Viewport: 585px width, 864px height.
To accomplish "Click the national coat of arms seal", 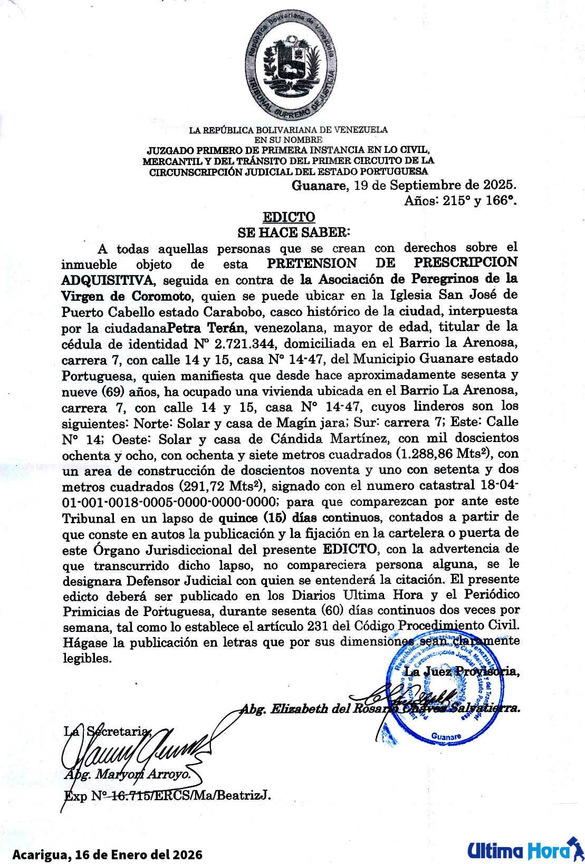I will coord(291,65).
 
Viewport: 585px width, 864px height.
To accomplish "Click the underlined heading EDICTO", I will coord(289,217).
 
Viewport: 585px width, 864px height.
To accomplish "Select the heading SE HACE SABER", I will coord(293,232).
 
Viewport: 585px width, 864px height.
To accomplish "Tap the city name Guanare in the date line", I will coord(319,185).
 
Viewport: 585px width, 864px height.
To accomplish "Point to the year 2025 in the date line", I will coord(498,185).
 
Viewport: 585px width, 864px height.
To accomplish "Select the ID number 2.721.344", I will coord(245,344).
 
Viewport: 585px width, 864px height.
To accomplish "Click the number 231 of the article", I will coord(318,627).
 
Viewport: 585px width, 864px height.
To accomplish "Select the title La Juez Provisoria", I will coord(461,671).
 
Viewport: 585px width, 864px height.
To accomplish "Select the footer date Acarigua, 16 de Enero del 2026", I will coord(108,854).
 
